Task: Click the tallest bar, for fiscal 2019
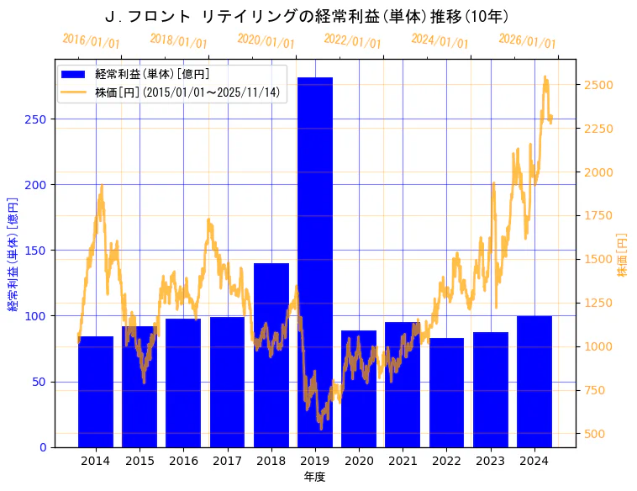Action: [315, 261]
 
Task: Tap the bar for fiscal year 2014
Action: [96, 391]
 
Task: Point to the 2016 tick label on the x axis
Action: [183, 461]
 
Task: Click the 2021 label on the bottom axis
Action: [403, 461]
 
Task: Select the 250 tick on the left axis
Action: [35, 119]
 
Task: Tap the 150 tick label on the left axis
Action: [35, 251]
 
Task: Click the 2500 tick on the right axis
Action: [598, 85]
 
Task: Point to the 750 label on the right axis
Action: [595, 390]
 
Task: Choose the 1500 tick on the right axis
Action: [598, 259]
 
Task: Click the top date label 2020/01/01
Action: [266, 40]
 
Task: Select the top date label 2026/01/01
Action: [527, 40]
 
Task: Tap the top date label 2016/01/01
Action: [91, 40]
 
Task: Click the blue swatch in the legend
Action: [73, 75]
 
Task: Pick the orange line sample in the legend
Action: [73, 92]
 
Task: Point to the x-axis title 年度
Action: [314, 477]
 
